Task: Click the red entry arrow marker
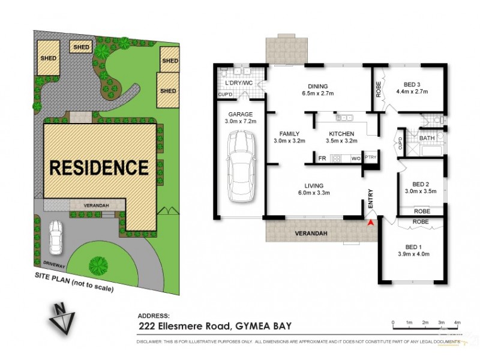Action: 370,223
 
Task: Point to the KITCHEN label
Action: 341,134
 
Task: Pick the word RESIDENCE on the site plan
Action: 98,167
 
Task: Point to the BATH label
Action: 427,138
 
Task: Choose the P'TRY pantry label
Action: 370,158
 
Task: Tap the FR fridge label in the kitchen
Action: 322,158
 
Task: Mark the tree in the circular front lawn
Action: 96,265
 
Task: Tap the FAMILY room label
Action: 289,134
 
